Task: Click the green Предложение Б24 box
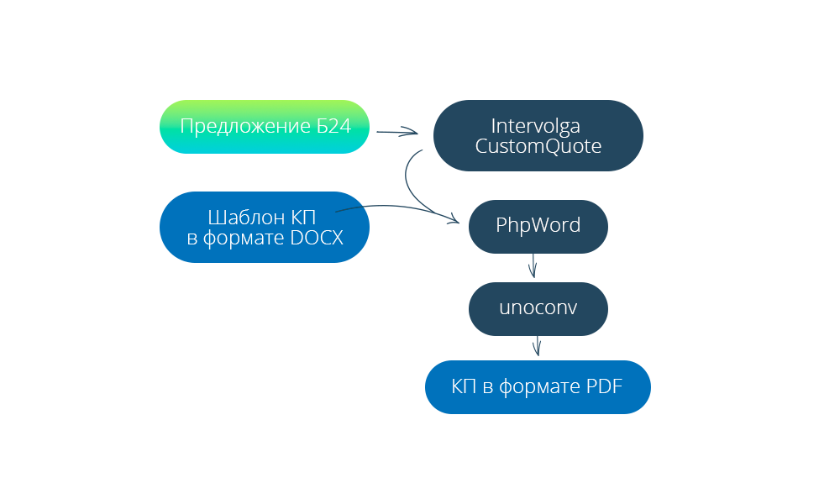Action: tap(265, 127)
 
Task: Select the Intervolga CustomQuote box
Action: tap(538, 135)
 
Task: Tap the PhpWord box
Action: tap(538, 226)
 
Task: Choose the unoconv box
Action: tap(538, 307)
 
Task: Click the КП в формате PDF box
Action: tap(538, 387)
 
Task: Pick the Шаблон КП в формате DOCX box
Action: tap(265, 227)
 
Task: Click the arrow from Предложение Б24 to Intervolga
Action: tap(396, 132)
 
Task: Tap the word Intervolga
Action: tap(536, 126)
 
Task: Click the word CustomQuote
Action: tap(538, 145)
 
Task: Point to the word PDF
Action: tap(603, 387)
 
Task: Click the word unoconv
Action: tap(538, 307)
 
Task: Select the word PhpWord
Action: tap(538, 226)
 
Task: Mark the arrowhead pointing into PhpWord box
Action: tap(454, 221)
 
